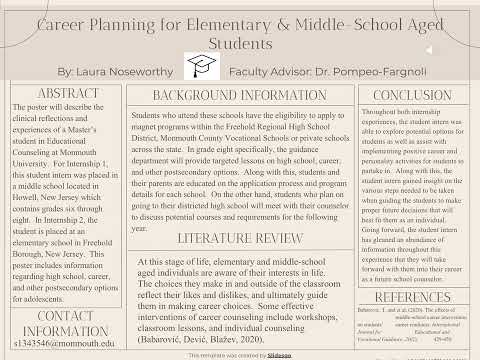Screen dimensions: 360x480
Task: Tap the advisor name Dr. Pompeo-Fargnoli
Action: (x=377, y=73)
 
